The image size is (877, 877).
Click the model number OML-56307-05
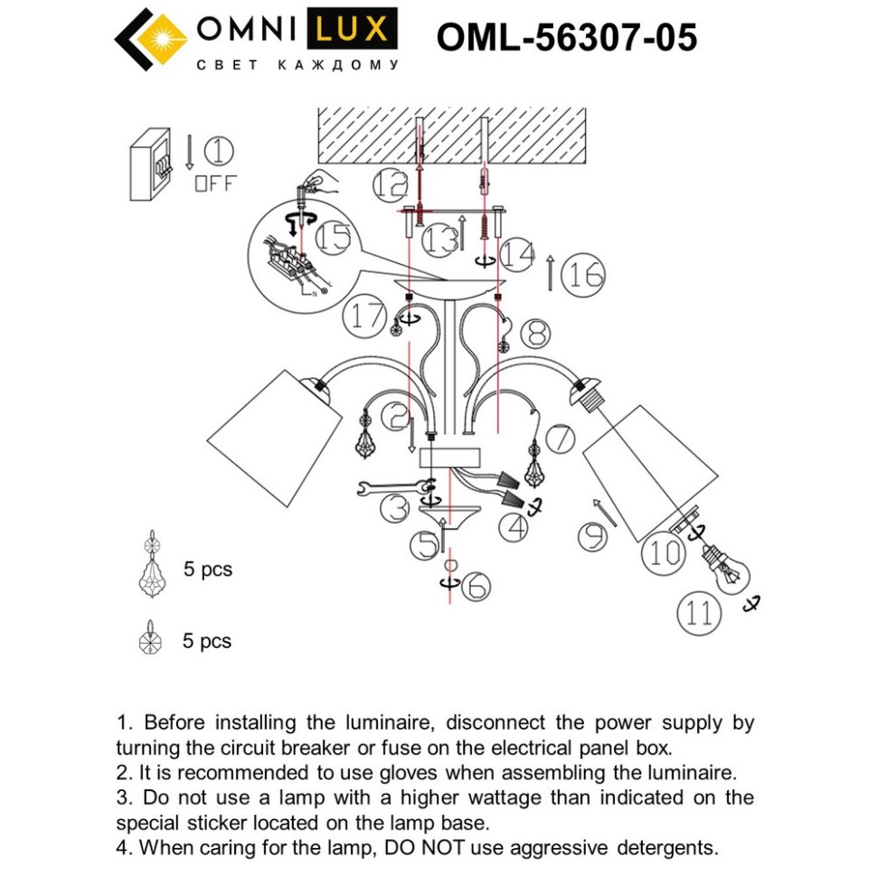point(567,39)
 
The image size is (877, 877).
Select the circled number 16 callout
point(583,274)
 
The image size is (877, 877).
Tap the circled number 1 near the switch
point(535,333)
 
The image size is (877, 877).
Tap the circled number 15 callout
point(335,239)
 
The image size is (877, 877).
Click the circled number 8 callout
point(535,333)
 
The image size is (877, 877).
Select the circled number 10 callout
point(665,552)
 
